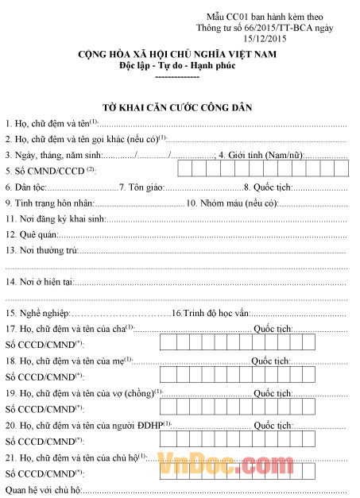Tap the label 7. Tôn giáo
tap(141, 187)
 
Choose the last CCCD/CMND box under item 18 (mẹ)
tap(339, 374)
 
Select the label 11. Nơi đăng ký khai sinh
tap(55, 218)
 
